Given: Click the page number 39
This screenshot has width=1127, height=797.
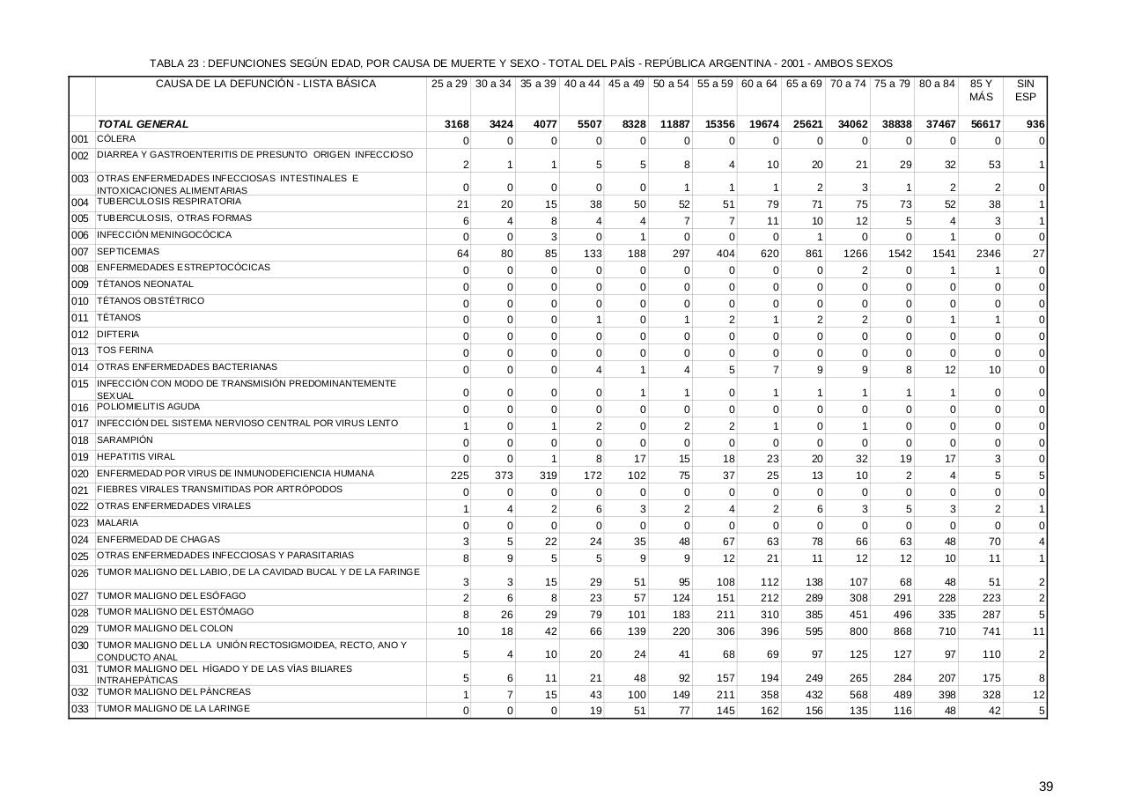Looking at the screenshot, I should (x=1045, y=786).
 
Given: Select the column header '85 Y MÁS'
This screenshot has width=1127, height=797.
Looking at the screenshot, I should (x=981, y=90).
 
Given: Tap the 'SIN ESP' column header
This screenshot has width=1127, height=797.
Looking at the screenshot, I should (x=1025, y=90).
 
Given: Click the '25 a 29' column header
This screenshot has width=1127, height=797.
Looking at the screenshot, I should (x=449, y=85).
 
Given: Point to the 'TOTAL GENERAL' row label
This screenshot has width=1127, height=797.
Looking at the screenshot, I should (x=143, y=124).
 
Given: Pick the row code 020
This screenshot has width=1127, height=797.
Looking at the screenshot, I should (x=80, y=475).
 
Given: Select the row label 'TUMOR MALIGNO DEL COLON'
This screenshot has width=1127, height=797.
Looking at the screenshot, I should (x=165, y=629).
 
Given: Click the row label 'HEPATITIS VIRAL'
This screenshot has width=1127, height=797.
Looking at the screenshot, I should (x=136, y=456).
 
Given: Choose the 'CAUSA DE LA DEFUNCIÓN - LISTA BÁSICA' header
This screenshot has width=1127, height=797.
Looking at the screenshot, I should (x=266, y=85).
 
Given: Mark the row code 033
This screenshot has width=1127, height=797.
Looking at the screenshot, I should (x=80, y=710).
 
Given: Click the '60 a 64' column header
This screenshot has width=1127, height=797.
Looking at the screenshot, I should (x=759, y=85).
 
